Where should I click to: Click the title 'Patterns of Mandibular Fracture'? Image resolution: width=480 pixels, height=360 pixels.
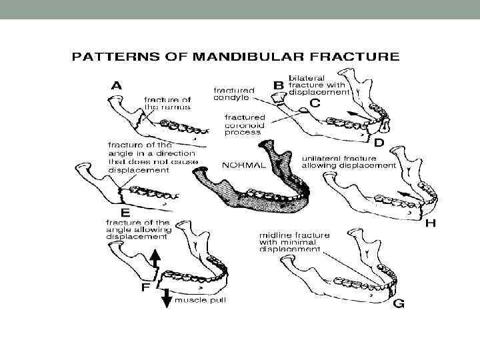click(235, 57)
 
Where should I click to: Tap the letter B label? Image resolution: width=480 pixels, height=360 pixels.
click(279, 85)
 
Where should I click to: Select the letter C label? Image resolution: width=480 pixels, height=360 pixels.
click(314, 104)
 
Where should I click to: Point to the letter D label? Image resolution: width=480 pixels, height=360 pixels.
click(378, 143)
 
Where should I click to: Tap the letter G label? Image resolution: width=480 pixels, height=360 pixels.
click(398, 303)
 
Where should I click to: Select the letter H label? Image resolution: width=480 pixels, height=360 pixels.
click(430, 224)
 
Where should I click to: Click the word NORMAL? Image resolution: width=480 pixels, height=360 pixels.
click(243, 164)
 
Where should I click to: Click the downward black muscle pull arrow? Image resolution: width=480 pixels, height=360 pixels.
click(167, 299)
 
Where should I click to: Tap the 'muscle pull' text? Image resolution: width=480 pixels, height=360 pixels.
click(200, 300)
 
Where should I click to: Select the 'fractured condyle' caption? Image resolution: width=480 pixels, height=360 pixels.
click(233, 94)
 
